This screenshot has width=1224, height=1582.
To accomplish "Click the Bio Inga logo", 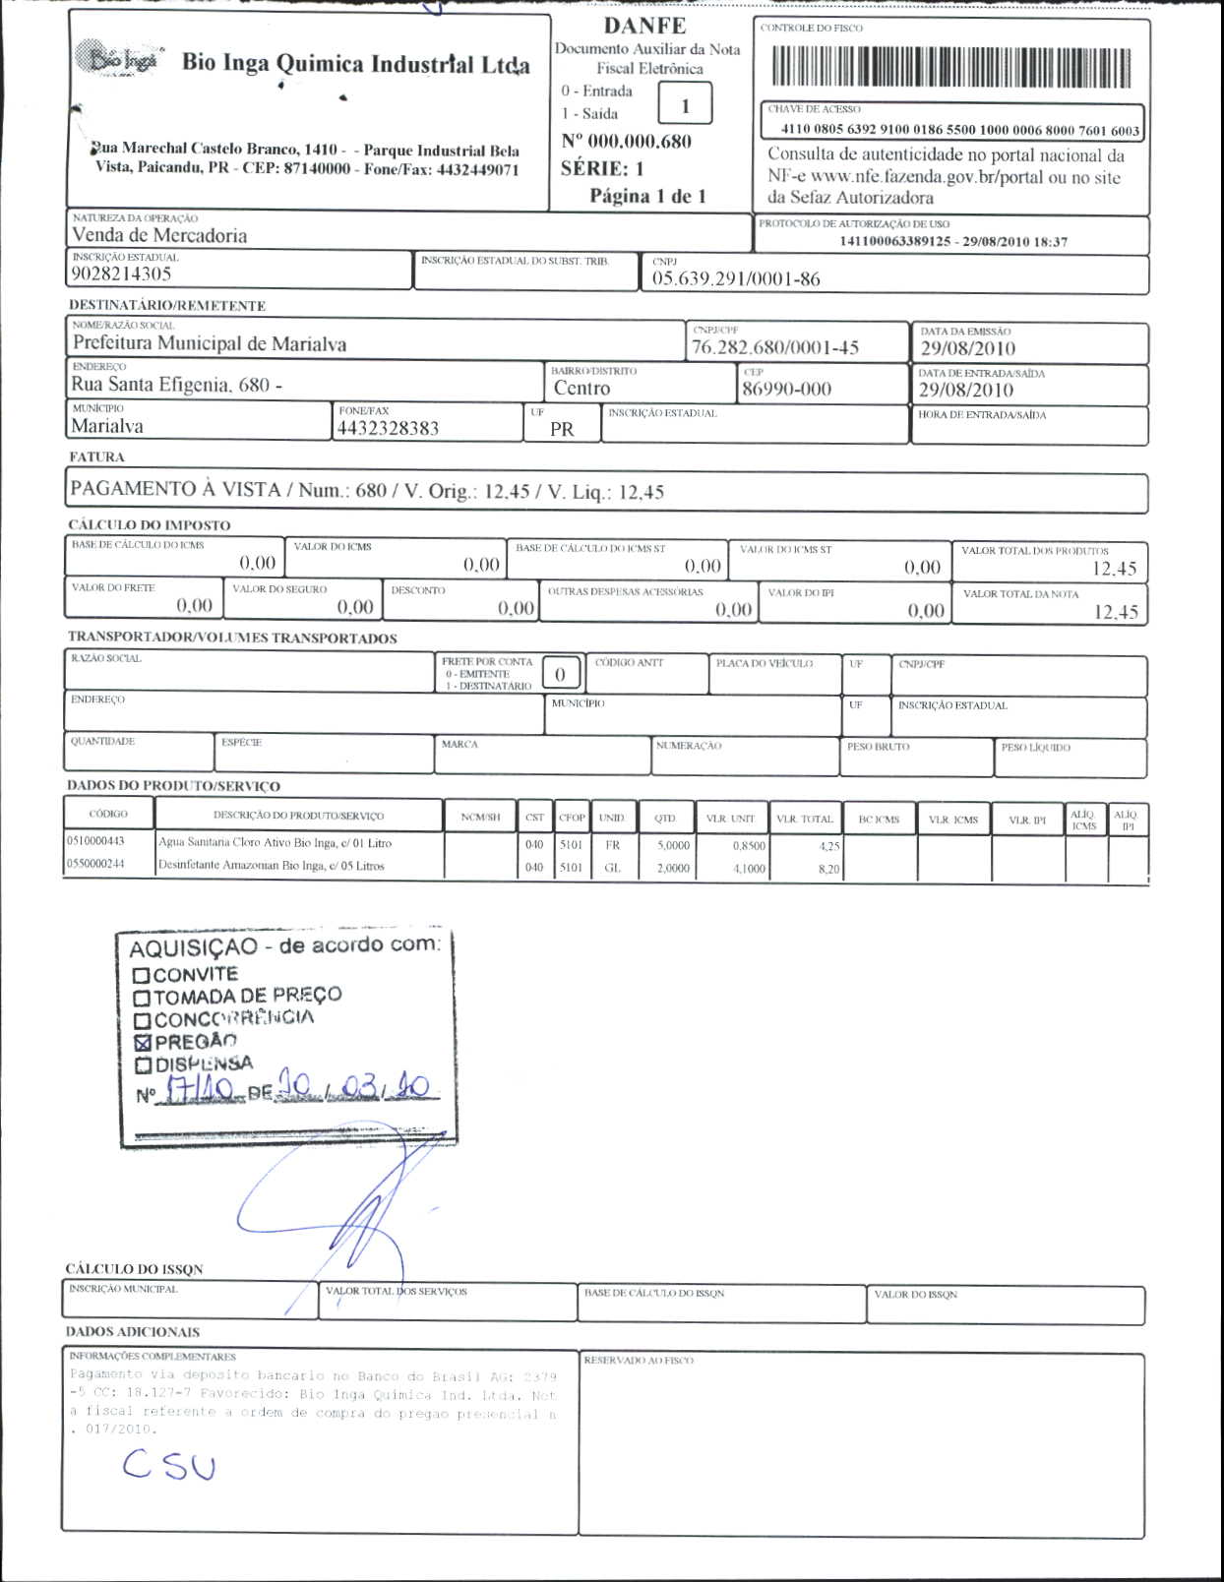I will point(119,59).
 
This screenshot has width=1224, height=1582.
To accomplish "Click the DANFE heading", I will point(644,26).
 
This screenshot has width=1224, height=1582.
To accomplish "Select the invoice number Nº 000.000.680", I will point(627,142).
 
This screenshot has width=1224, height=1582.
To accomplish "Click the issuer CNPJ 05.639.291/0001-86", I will point(735,278).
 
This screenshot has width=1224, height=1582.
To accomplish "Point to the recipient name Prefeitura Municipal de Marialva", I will point(209,343).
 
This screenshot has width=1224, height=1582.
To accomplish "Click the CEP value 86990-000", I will point(786,389).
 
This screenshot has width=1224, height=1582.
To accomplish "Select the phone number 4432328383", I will point(388,428).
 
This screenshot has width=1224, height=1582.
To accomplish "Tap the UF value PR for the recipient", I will point(562,429).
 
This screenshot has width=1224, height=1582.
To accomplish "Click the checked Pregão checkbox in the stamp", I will point(143,1042).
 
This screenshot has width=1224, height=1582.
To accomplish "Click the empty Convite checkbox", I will point(141,975).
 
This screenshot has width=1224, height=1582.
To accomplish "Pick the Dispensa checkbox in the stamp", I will point(143,1065).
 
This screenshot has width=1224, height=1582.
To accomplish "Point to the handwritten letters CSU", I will point(168,1466).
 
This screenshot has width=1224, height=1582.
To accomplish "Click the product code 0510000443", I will point(95,841).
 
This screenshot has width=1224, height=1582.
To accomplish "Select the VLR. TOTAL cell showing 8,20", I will point(828,869).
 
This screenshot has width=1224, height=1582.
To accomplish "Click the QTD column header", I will point(665,818).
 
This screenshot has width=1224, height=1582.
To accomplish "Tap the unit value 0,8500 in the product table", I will point(749,845).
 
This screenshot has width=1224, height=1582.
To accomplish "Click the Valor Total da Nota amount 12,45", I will point(1116,612).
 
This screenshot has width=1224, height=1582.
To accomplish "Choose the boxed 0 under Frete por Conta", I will point(560,674).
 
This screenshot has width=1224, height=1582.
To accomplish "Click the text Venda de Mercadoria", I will point(159,235).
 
